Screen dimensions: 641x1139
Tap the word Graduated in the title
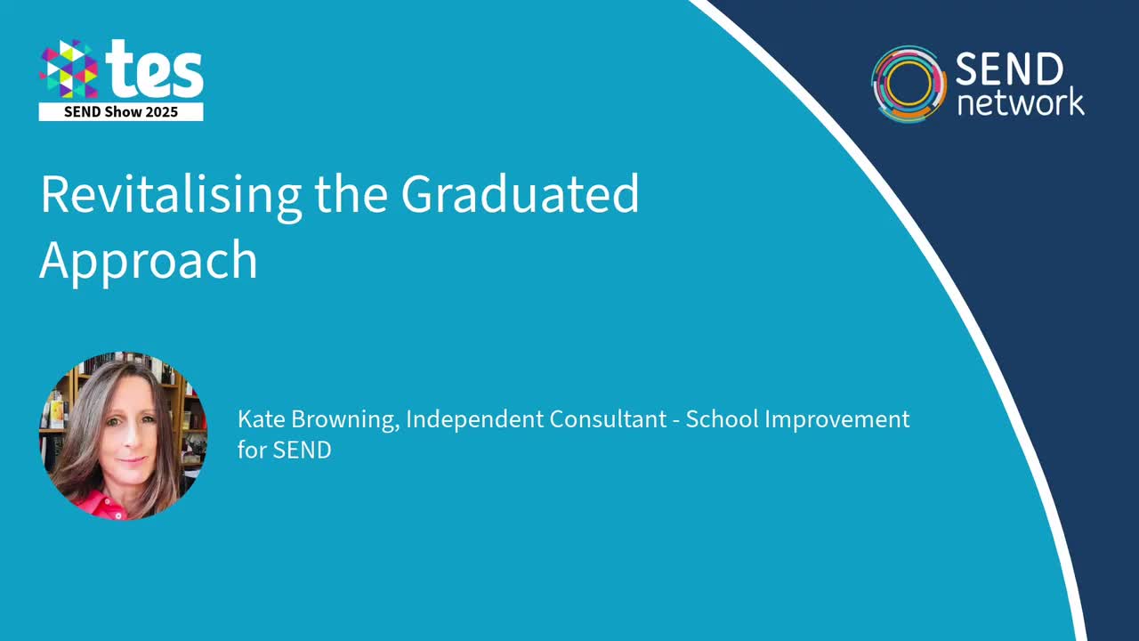click(x=520, y=196)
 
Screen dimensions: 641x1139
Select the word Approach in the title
click(x=149, y=260)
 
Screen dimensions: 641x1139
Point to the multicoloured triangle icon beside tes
click(x=69, y=69)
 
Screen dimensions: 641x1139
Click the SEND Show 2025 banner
click(x=121, y=112)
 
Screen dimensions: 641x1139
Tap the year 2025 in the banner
click(x=163, y=112)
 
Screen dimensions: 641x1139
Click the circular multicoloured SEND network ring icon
click(x=909, y=83)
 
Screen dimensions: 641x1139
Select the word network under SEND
click(x=1020, y=101)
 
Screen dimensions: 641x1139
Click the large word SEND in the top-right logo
click(x=1009, y=69)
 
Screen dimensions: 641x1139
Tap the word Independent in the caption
click(x=473, y=419)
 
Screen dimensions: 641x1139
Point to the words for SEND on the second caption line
click(x=284, y=450)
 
